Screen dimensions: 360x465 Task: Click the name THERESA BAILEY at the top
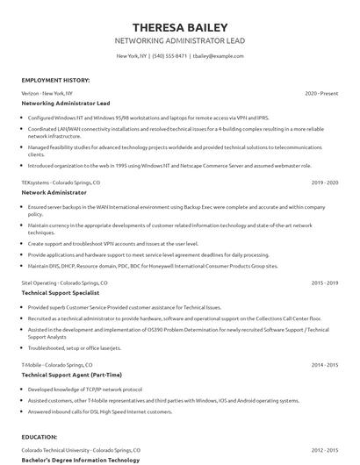pyautogui.click(x=179, y=25)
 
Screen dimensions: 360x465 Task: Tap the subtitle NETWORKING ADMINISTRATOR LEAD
pyautogui.click(x=179, y=40)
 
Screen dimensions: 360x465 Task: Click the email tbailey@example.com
pyautogui.click(x=217, y=56)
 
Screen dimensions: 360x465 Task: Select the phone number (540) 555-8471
pyautogui.click(x=169, y=56)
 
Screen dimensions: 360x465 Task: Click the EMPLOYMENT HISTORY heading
pyautogui.click(x=54, y=79)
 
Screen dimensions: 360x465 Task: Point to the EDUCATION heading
pyautogui.click(x=40, y=435)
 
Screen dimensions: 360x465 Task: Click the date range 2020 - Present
pyautogui.click(x=321, y=92)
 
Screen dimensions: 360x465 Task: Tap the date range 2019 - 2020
pyautogui.click(x=325, y=182)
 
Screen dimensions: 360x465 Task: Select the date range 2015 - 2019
pyautogui.click(x=325, y=283)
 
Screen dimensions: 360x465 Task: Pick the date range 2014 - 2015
pyautogui.click(x=325, y=363)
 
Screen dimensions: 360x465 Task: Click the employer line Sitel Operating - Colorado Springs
pyautogui.click(x=64, y=283)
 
